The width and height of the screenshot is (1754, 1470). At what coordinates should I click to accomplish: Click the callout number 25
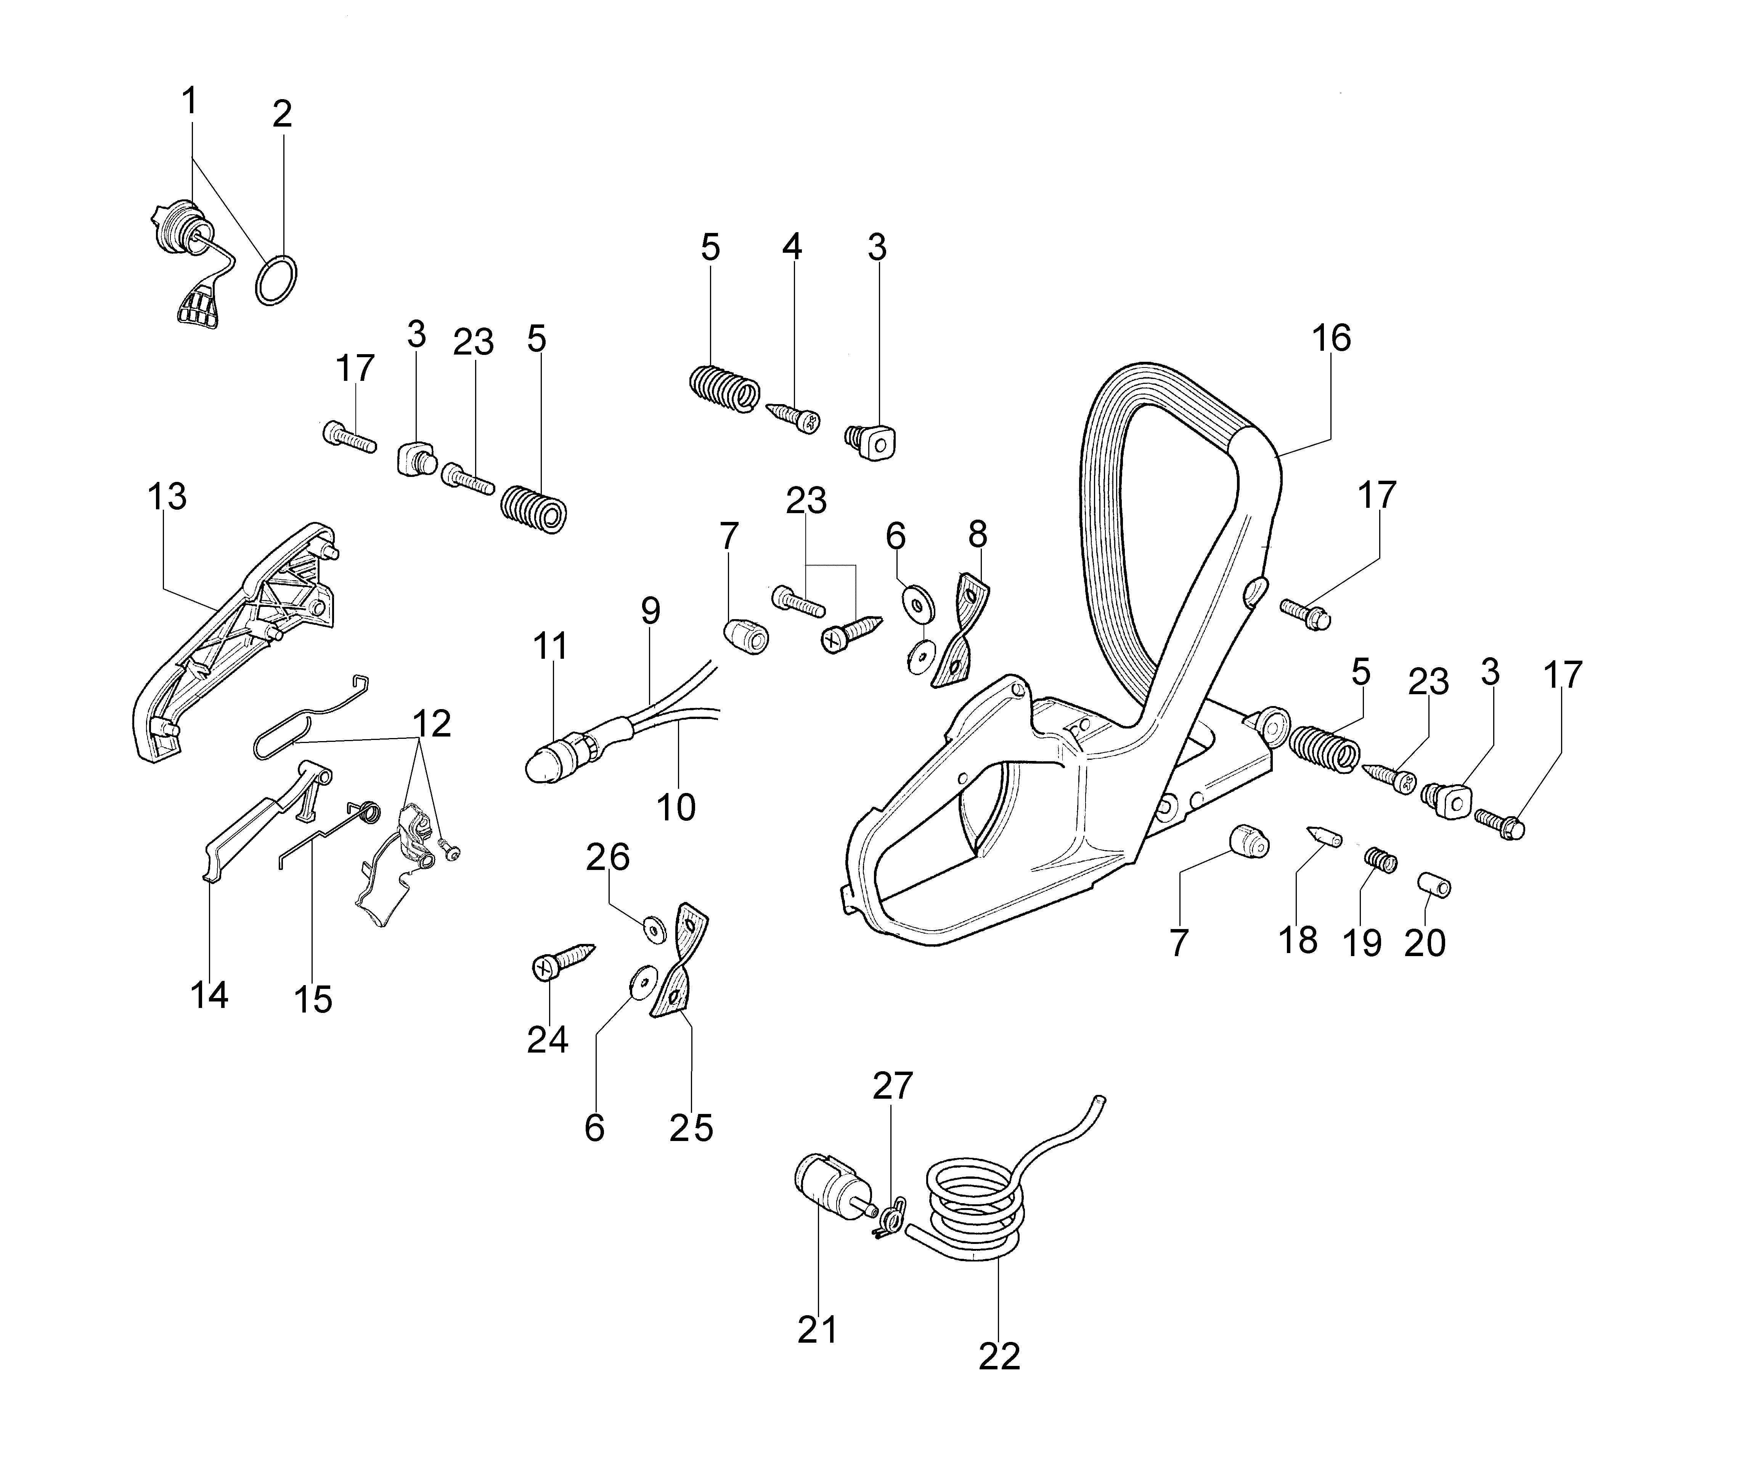(691, 1128)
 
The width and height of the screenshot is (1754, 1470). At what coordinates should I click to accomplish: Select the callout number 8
(977, 534)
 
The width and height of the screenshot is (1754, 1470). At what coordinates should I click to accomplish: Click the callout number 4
(792, 247)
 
